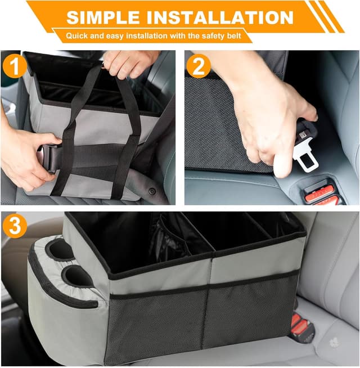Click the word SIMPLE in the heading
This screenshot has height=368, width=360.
click(x=102, y=17)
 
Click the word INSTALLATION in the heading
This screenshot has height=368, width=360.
click(x=220, y=17)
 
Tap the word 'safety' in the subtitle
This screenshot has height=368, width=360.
click(x=213, y=36)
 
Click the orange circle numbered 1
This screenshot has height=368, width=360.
click(x=15, y=66)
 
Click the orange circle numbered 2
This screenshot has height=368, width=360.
click(x=199, y=66)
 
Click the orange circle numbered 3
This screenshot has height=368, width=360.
click(x=15, y=226)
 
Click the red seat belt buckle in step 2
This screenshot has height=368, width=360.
click(x=320, y=194)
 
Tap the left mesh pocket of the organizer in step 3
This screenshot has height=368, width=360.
click(x=156, y=324)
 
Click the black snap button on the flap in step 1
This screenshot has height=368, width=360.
click(x=152, y=191)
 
